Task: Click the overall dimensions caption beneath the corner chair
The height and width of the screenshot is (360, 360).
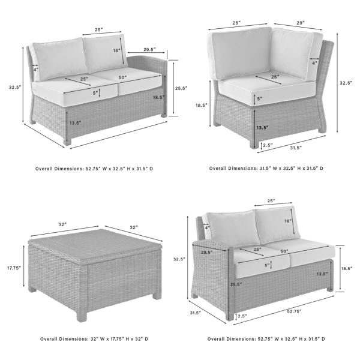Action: (x=268, y=169)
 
